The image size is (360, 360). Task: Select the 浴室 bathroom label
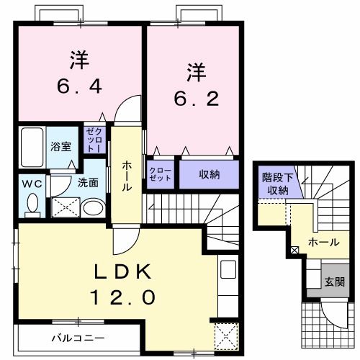pyautogui.click(x=60, y=146)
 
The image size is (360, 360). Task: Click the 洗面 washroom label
pyautogui.click(x=89, y=183)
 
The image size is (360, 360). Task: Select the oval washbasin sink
pyautogui.click(x=91, y=208)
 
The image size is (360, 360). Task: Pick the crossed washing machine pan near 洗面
pyautogui.click(x=63, y=208)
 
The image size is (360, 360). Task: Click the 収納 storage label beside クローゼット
pyautogui.click(x=209, y=174)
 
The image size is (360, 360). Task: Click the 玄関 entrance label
pyautogui.click(x=333, y=280)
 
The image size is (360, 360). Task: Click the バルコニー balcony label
pyautogui.click(x=77, y=337)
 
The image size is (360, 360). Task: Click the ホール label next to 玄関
pyautogui.click(x=323, y=243)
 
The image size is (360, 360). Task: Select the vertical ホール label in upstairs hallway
pyautogui.click(x=127, y=176)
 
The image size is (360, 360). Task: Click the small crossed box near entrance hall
pyautogui.click(x=294, y=250)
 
